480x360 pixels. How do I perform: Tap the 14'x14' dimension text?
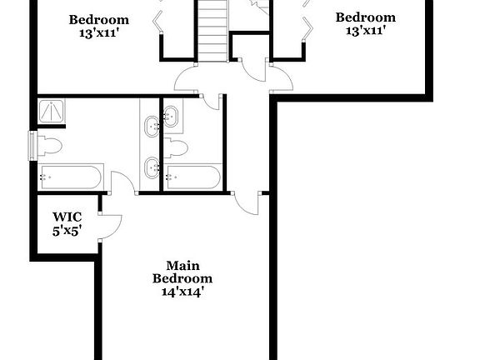tap(182, 292)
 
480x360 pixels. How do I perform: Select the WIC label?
tap(67, 217)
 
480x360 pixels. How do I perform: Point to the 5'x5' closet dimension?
tap(67, 231)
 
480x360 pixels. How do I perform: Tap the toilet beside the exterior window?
tap(49, 146)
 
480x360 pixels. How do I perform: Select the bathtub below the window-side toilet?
tap(70, 177)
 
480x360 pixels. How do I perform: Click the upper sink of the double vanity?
tap(153, 127)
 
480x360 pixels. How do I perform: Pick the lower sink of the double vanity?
tap(153, 167)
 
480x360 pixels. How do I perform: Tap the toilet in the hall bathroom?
tap(177, 147)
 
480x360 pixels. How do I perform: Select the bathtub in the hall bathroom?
tap(192, 177)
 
